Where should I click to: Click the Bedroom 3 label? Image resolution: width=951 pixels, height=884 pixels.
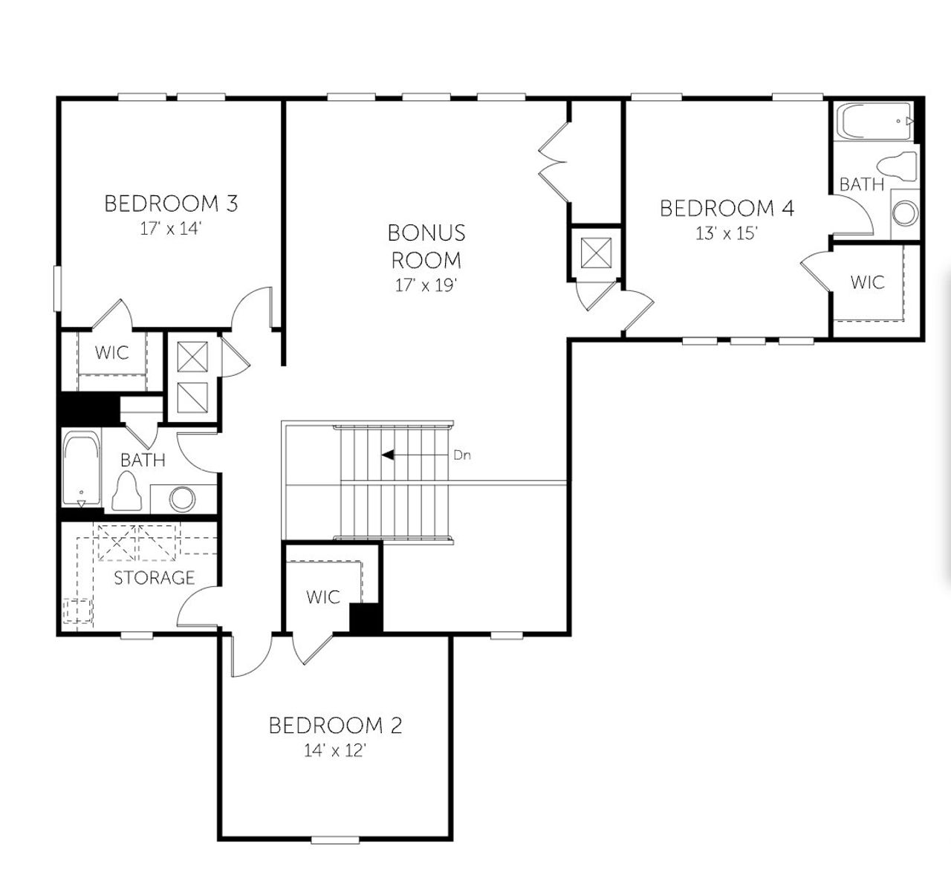coord(171,203)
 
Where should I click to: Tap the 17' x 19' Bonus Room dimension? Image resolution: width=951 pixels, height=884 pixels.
coord(426,285)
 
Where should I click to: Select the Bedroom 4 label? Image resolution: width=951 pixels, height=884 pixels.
coord(727,208)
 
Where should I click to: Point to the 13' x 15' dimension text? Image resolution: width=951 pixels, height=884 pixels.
coord(727,233)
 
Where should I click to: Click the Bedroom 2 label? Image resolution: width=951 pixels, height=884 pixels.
coord(335,725)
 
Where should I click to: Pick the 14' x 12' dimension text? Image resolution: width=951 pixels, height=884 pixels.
coord(335,751)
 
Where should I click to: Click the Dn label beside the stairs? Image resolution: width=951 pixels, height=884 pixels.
coord(462,455)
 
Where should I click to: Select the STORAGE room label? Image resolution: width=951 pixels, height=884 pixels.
coord(154,577)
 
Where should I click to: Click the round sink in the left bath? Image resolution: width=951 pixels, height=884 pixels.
coord(182,498)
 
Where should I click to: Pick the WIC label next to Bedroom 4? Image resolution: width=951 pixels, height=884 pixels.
coord(867,282)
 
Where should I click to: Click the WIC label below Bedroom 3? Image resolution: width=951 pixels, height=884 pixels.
coord(111,352)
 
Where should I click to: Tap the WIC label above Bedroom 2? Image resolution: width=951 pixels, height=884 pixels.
coord(323,597)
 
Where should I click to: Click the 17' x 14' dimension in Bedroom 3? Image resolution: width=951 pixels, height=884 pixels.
coord(171,229)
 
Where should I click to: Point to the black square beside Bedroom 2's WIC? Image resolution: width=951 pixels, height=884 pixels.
coord(365,618)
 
